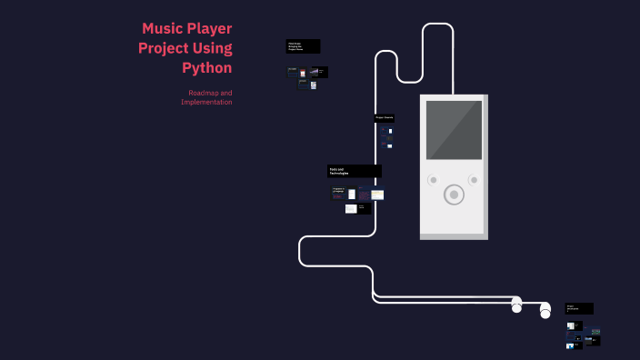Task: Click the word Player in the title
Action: (x=210, y=28)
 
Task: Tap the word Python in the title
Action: (x=206, y=67)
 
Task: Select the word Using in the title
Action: (x=212, y=48)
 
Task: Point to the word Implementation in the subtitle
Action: (x=206, y=102)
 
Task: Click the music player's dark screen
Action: (x=454, y=130)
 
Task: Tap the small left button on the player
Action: (x=433, y=180)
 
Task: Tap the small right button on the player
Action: (x=474, y=180)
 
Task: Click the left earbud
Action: (x=516, y=305)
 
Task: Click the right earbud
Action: (x=545, y=311)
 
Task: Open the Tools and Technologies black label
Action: (x=354, y=171)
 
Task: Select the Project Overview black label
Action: (x=384, y=118)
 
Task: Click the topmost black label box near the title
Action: (x=303, y=45)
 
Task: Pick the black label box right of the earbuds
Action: (x=579, y=308)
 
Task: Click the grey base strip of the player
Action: (x=454, y=235)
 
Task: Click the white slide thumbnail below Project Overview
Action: (x=390, y=131)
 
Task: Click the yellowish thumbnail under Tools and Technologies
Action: (x=377, y=195)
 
